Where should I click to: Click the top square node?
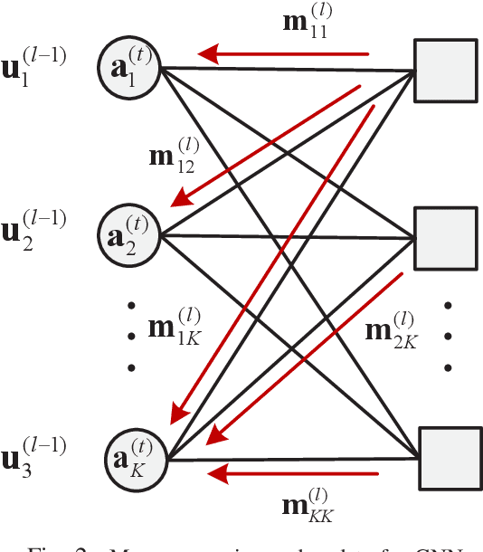[x=445, y=71]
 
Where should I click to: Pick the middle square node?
[x=445, y=238]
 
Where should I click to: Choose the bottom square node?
[x=445, y=459]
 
